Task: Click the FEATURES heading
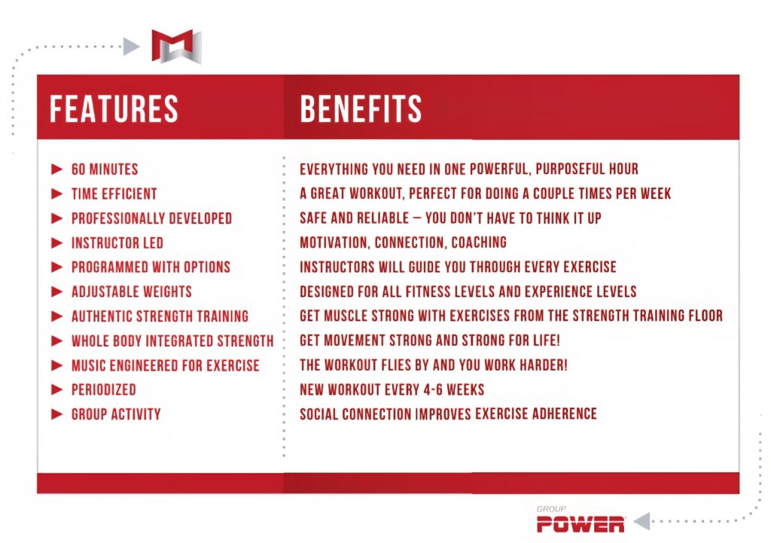(114, 108)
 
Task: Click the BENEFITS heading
(361, 108)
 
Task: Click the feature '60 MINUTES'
(105, 169)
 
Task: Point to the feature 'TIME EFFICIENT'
(114, 194)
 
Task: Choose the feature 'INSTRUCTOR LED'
(117, 243)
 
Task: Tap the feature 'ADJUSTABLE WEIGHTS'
(131, 291)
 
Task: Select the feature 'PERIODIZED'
(103, 389)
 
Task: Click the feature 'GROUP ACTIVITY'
(115, 414)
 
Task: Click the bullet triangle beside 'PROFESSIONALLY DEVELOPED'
(57, 218)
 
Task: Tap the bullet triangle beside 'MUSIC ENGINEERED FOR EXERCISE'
(57, 365)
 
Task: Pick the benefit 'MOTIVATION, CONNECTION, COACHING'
(403, 243)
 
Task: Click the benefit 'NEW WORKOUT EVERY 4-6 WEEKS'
(392, 389)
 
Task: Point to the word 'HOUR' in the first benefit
(620, 169)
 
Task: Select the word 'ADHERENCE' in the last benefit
(558, 414)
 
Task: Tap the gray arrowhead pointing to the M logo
(132, 47)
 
